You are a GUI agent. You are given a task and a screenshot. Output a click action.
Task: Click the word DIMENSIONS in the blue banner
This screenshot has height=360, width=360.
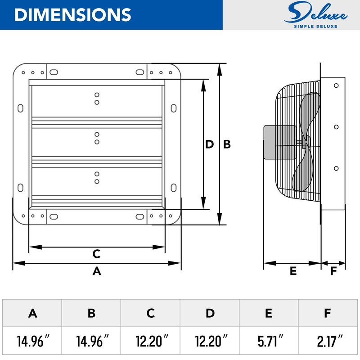72,15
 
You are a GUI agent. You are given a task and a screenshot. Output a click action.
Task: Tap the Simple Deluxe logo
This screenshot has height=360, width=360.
316,15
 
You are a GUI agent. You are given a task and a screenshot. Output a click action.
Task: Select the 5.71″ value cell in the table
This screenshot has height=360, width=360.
269,341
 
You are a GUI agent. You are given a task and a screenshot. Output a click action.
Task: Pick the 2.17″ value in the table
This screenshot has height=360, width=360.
330,341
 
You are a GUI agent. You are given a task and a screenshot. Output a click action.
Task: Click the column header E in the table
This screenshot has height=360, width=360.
269,313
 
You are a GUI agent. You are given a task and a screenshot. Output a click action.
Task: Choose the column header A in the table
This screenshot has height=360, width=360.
32,313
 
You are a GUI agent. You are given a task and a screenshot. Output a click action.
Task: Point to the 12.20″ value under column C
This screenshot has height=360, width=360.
152,341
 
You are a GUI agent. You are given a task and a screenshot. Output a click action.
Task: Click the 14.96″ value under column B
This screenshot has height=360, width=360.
92,341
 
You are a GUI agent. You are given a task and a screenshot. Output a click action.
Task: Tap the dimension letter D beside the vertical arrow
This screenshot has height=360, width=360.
209,144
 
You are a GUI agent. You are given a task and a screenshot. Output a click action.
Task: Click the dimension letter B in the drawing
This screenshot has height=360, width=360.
227,144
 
